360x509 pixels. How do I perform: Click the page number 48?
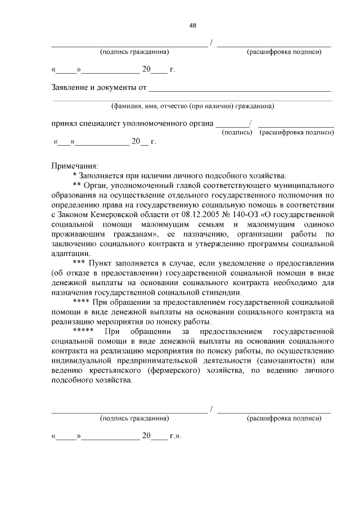point(192,25)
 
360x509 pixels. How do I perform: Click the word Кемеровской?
point(116,214)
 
